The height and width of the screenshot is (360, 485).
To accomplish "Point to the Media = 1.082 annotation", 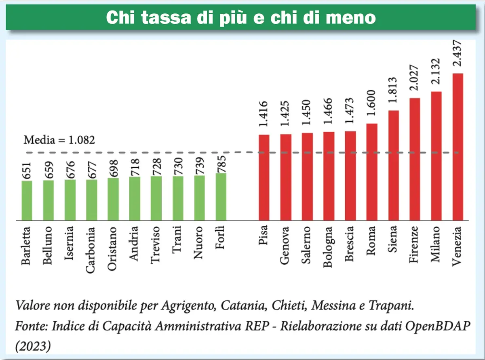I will click(59, 140).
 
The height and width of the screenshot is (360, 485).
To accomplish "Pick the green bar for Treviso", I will click(156, 198).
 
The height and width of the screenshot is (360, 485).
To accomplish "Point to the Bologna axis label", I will click(328, 247).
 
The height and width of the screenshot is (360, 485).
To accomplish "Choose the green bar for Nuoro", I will click(199, 198).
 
